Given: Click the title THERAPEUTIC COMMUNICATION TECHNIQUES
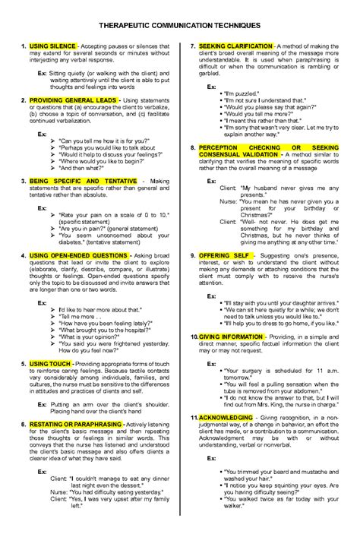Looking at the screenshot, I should [180, 25].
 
